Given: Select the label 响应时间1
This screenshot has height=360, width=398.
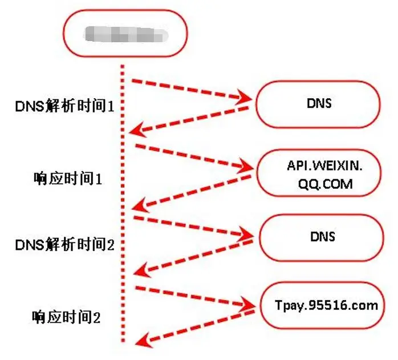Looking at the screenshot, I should [67, 179].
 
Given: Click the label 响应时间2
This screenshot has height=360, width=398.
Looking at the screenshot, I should [67, 317].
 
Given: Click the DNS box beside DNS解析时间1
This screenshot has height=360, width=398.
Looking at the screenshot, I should [318, 104].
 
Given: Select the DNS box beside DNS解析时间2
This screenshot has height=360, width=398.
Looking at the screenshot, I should [322, 236].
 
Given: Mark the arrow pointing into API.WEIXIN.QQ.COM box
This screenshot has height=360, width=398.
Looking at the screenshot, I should [194, 157].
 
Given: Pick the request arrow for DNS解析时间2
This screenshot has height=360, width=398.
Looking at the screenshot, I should [194, 226].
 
